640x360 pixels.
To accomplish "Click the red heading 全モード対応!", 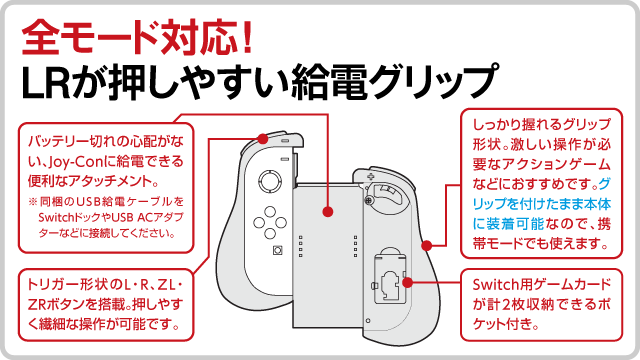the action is click(x=137, y=39).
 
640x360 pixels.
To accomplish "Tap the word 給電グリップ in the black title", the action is click(x=394, y=82).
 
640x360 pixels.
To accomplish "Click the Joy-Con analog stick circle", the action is click(x=270, y=181).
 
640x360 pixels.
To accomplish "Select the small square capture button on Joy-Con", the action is click(x=278, y=250).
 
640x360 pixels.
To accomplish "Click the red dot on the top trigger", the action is click(x=263, y=139).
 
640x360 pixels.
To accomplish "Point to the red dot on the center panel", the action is click(x=327, y=211).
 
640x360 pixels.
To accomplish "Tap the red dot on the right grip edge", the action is click(x=427, y=246).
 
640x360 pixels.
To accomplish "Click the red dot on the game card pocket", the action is click(x=407, y=282).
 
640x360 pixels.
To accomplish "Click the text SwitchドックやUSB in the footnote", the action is click(x=81, y=217).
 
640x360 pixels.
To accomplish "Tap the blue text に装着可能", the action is click(x=508, y=224).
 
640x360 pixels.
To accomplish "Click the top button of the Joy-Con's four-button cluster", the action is click(x=270, y=212).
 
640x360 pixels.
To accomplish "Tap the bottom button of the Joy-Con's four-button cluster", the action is click(x=270, y=233).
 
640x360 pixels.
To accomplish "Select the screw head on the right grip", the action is click(x=369, y=200).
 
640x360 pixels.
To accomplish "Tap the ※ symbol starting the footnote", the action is click(x=33, y=202).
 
